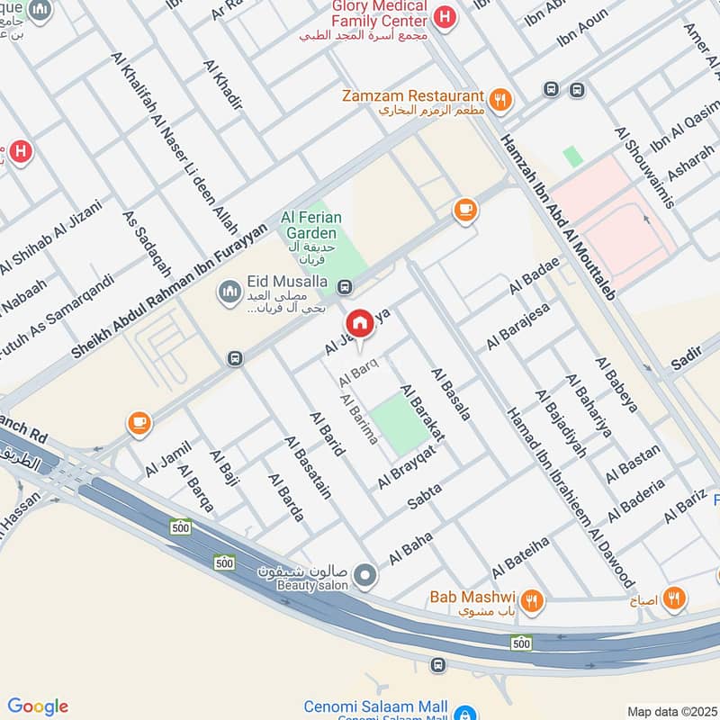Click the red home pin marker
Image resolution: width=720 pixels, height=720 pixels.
click(x=359, y=324)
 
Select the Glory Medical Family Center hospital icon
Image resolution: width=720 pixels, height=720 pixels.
click(x=443, y=16)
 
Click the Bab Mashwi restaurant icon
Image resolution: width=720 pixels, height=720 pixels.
click(x=533, y=598)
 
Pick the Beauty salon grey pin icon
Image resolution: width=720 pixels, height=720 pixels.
click(x=364, y=573)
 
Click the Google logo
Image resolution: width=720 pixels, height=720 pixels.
click(x=37, y=706)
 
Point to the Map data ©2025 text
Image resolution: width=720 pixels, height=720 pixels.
click(x=671, y=711)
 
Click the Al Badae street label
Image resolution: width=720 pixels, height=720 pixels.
click(x=534, y=275)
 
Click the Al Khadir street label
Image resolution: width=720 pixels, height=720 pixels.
click(x=224, y=85)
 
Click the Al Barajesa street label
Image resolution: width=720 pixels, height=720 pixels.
click(x=517, y=327)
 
